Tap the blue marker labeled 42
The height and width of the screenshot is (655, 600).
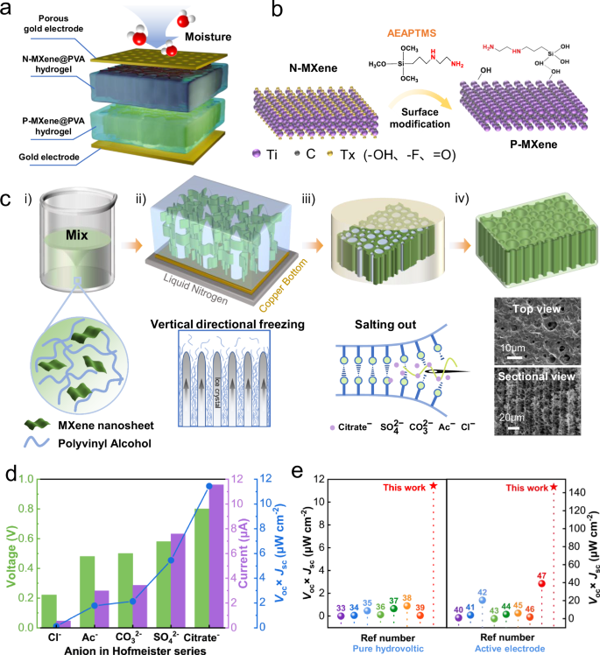pos(483,599)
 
